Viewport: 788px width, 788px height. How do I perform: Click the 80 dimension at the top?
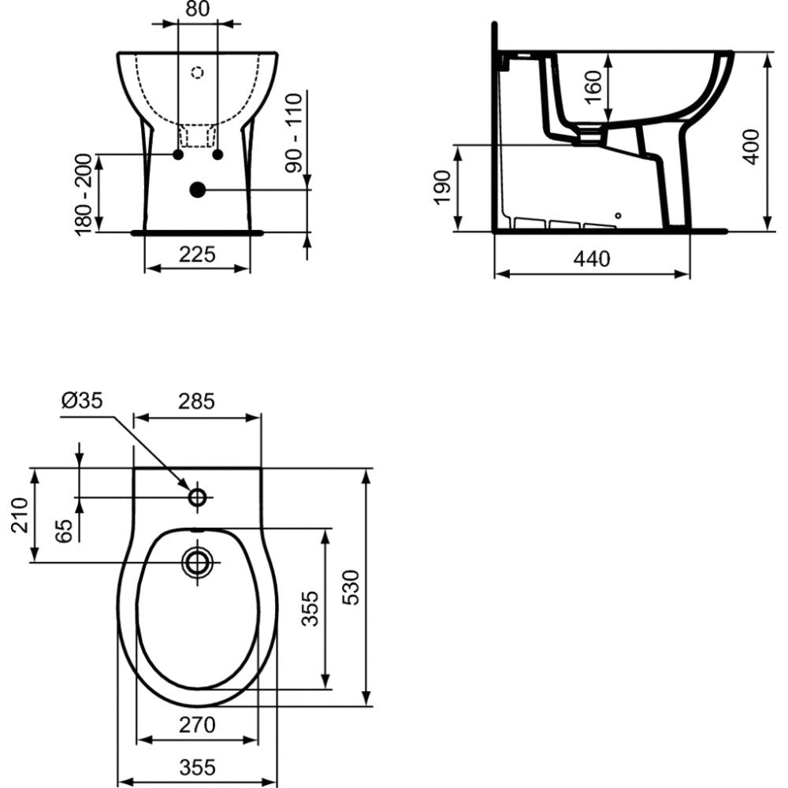[197, 9]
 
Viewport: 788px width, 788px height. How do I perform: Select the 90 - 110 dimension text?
[294, 133]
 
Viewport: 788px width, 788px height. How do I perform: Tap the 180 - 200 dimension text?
[84, 195]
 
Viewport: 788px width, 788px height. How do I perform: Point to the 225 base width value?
[198, 255]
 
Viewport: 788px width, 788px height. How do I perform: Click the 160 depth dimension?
[593, 87]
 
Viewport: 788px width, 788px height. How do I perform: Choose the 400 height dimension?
[751, 147]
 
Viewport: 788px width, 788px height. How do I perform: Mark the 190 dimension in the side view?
[442, 188]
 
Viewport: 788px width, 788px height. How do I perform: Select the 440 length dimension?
[592, 258]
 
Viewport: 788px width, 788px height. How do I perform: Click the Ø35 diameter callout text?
[82, 400]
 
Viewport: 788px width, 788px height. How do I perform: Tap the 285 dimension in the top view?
[196, 401]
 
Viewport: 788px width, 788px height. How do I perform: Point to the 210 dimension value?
[20, 515]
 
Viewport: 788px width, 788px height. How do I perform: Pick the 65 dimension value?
[64, 531]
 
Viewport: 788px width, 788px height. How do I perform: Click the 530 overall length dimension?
[351, 587]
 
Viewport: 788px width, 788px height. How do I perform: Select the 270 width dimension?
[197, 725]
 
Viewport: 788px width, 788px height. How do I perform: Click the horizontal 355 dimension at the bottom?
[197, 768]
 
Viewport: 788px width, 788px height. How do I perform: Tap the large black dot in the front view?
[198, 189]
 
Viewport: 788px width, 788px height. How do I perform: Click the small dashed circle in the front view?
[198, 72]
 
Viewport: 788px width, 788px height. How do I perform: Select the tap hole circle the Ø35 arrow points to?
[198, 497]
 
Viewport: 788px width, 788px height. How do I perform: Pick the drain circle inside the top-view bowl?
[198, 563]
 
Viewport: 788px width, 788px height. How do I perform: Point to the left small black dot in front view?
[178, 154]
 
